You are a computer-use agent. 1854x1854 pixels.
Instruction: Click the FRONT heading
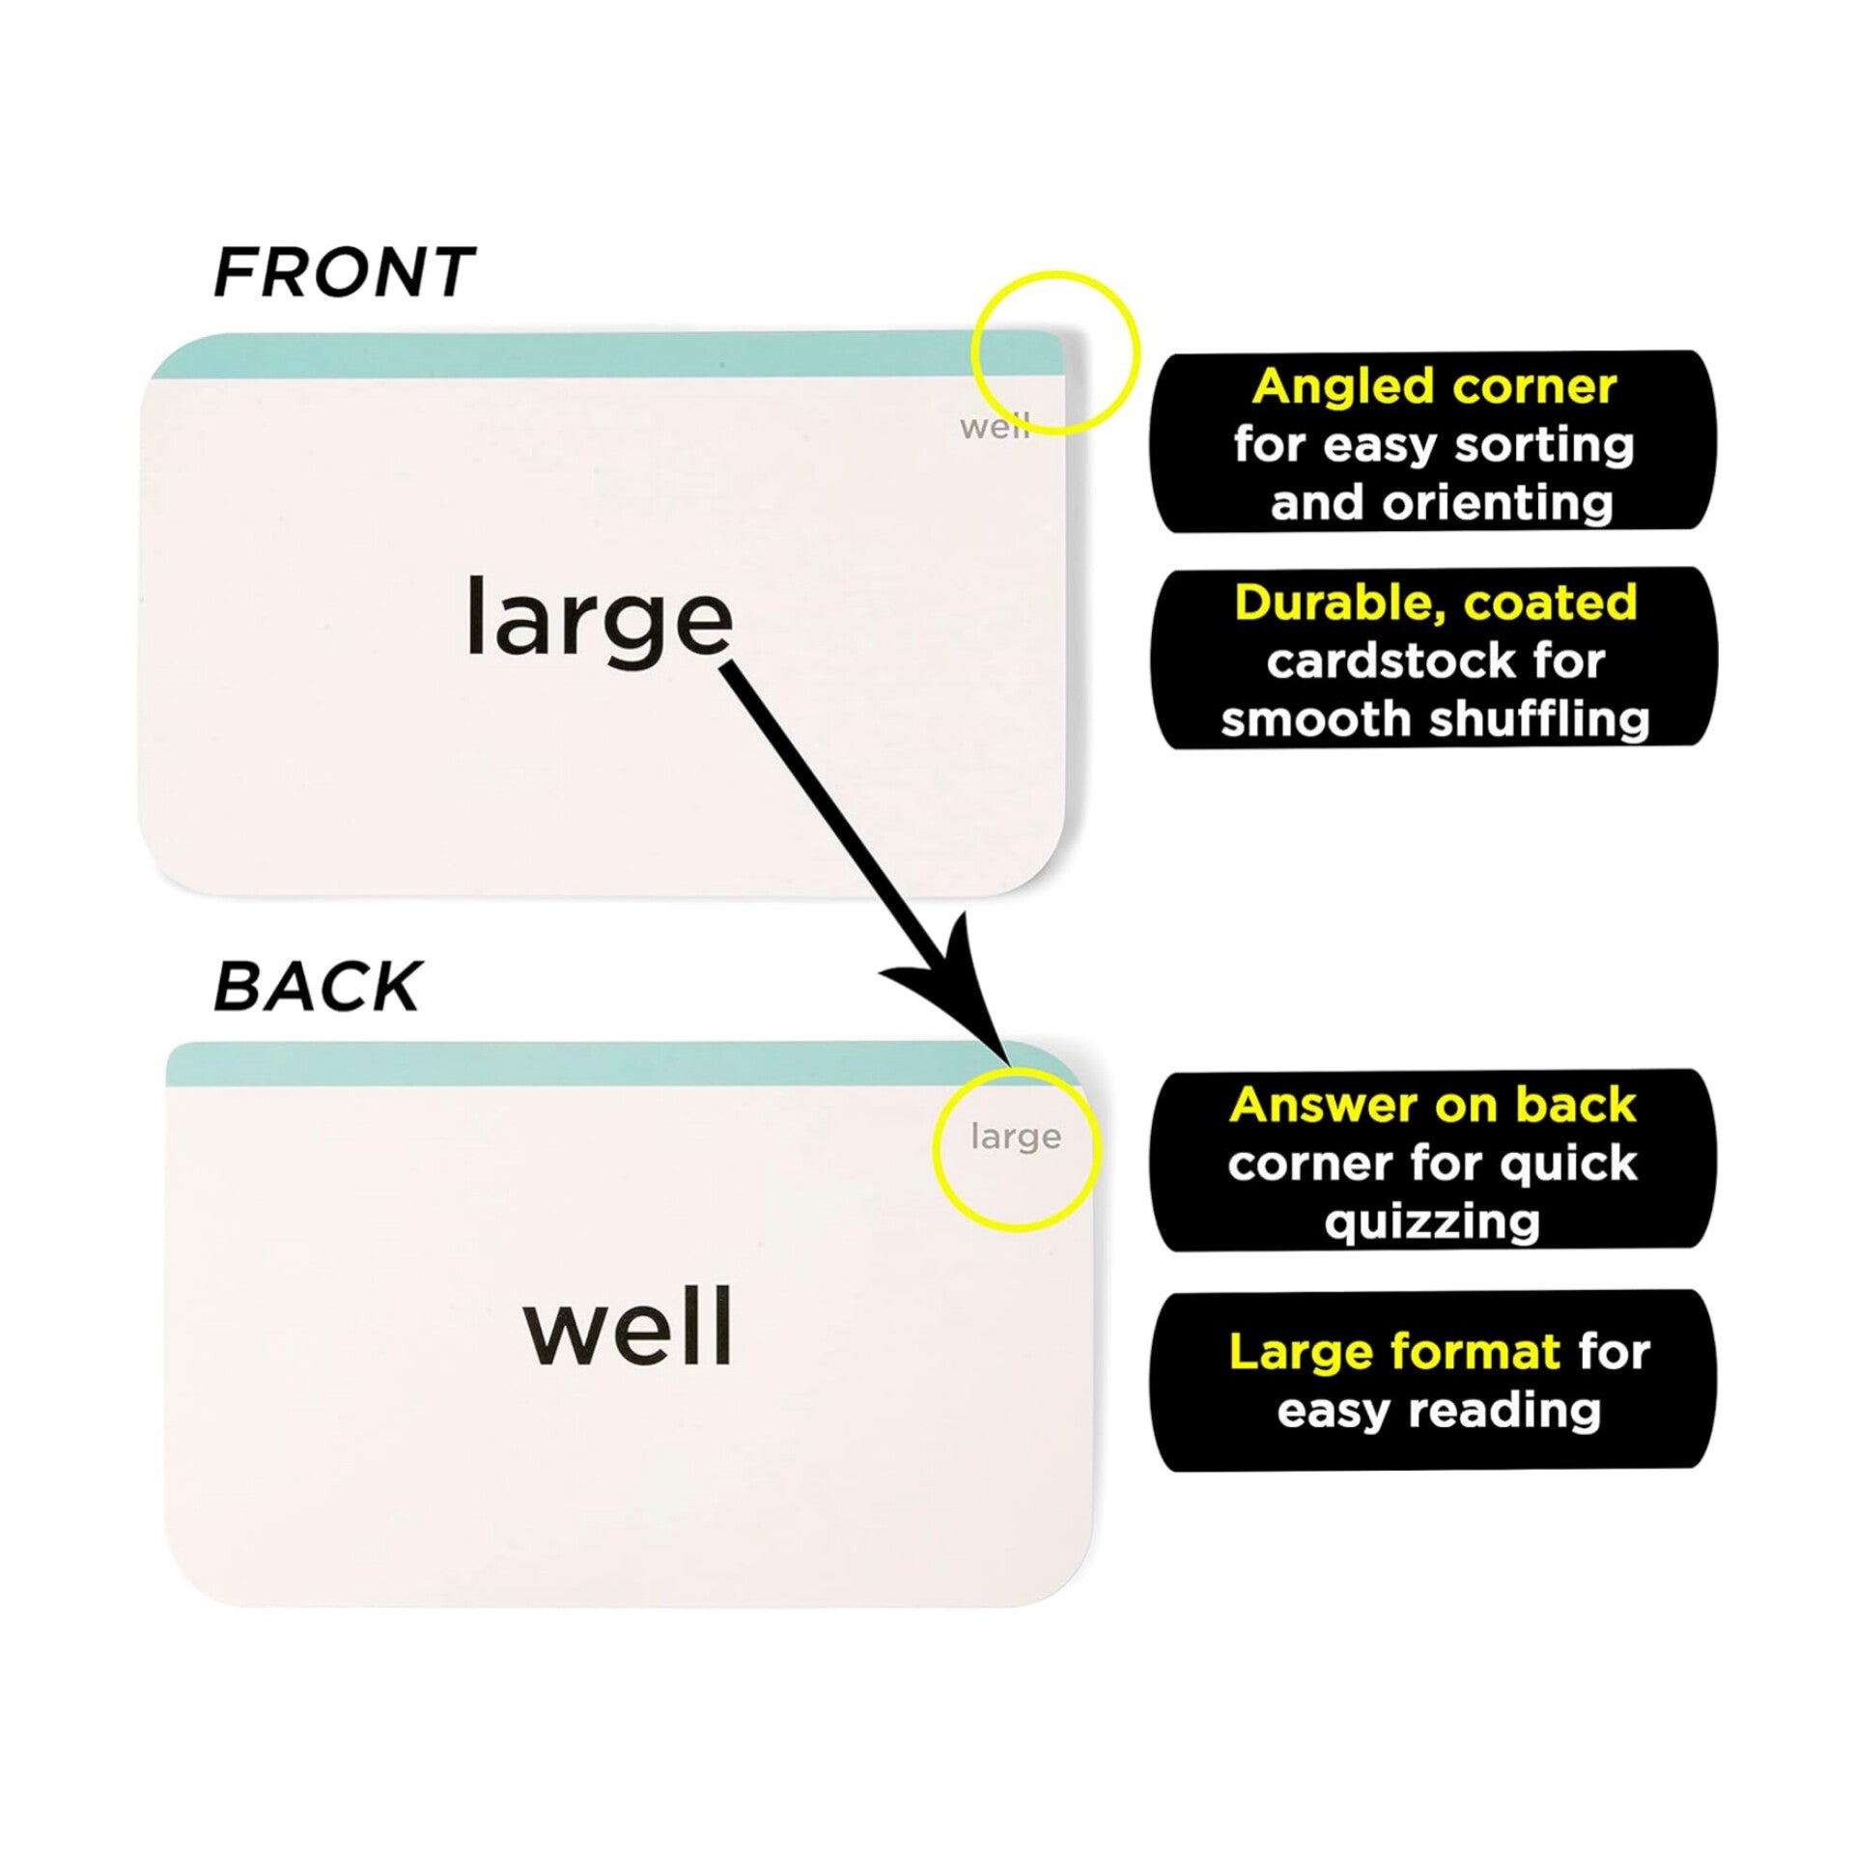point(343,272)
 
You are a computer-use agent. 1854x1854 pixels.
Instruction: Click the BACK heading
point(317,987)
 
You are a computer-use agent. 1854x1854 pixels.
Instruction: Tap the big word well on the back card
point(628,1328)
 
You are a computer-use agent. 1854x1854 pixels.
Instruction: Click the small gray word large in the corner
point(1016,1138)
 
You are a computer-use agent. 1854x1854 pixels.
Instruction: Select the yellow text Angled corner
point(1434,387)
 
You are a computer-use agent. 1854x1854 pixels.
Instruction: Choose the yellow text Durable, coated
point(1436,604)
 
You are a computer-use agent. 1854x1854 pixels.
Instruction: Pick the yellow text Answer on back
point(1433,1106)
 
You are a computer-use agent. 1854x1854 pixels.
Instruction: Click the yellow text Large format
point(1394,1352)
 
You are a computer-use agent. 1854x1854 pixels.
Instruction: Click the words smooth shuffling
point(1435,719)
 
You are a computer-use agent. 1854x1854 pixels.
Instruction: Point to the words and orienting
point(1441,503)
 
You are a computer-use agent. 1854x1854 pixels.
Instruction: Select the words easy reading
point(1439,1411)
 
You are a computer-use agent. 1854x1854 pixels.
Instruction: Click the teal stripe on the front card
point(579,354)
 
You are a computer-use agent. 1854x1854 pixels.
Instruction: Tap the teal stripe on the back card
point(579,1065)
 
